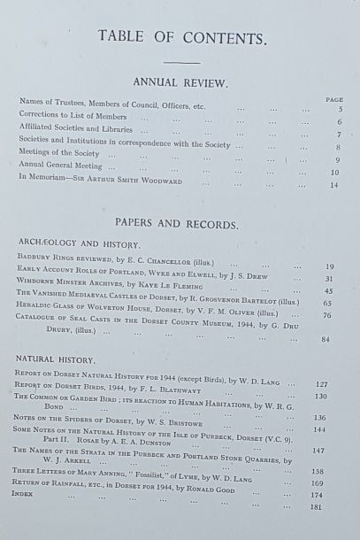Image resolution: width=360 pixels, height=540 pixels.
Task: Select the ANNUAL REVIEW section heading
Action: click(x=180, y=82)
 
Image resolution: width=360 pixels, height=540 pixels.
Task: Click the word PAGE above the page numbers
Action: click(x=333, y=100)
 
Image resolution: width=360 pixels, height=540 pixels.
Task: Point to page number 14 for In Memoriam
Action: click(x=334, y=185)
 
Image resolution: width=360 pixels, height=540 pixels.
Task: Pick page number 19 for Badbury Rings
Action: click(x=329, y=266)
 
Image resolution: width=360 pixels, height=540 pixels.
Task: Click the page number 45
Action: click(x=328, y=290)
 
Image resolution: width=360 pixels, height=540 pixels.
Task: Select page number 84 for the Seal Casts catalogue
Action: click(x=326, y=339)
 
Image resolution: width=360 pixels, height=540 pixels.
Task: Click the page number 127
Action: click(x=323, y=385)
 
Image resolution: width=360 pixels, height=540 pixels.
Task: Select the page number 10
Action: click(x=334, y=173)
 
